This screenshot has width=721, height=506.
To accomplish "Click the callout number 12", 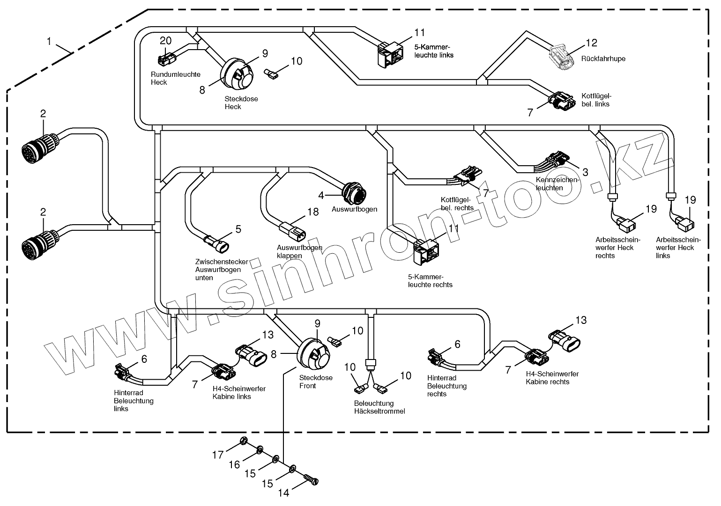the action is click(592, 43).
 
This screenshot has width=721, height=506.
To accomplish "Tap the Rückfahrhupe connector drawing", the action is click(561, 57).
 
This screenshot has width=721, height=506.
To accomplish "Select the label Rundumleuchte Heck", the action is click(175, 78).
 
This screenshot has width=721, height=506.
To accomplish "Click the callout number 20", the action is click(166, 41).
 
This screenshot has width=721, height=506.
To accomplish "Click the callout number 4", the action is click(321, 195).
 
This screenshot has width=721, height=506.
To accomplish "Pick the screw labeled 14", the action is click(311, 480).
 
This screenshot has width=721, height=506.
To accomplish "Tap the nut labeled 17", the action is click(244, 440).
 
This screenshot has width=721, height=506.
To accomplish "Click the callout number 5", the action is click(238, 229).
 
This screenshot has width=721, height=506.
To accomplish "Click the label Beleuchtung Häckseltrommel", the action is click(379, 407).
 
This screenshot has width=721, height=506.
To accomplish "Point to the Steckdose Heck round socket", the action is click(237, 73).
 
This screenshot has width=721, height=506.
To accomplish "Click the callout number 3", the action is click(585, 172).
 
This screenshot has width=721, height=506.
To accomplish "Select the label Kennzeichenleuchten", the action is click(557, 183).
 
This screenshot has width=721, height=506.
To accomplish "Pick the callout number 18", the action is click(313, 212).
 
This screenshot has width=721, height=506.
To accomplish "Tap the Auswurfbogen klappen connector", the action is click(292, 231).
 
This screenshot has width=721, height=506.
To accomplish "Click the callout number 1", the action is click(49, 41).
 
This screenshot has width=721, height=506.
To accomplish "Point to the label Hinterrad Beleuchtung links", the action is click(134, 401).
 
